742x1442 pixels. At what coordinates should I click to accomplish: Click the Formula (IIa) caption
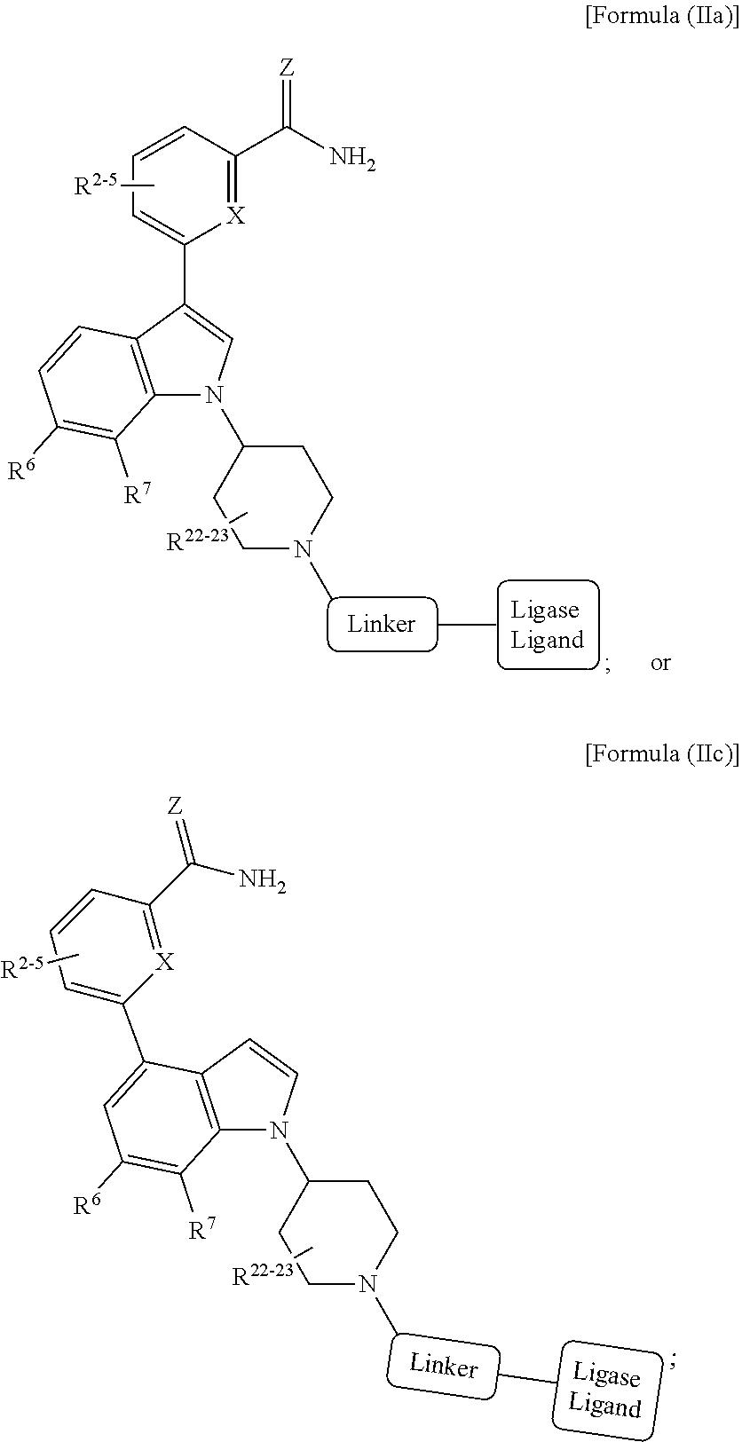662,16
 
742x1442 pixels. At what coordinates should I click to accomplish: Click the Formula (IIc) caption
662,753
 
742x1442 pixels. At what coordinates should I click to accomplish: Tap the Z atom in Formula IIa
288,67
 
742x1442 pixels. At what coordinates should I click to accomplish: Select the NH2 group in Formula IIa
352,158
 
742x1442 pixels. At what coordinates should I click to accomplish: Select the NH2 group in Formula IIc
262,879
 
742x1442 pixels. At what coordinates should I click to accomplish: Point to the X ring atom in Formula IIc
166,963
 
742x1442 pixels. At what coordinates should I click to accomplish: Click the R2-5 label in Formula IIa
96,185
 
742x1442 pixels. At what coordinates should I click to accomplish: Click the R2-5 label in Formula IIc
22,967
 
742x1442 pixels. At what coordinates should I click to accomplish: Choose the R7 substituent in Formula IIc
201,1228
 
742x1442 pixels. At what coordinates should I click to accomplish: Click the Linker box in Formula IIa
382,624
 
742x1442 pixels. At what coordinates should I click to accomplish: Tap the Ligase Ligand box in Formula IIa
549,625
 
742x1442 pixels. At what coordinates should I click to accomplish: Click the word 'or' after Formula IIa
661,662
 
